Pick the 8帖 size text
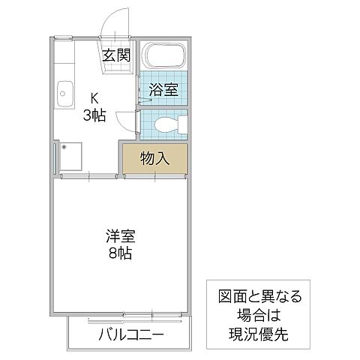pyautogui.click(x=118, y=253)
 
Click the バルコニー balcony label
pyautogui.click(x=130, y=334)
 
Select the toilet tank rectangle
pyautogui.click(x=178, y=124)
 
